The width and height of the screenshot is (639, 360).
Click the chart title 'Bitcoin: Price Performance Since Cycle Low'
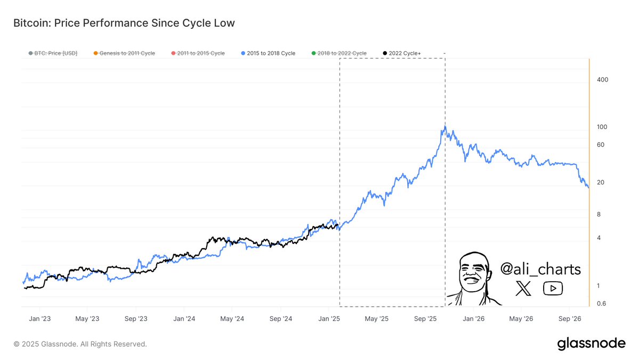point(124,23)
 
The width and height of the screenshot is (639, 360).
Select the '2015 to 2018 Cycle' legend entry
point(271,53)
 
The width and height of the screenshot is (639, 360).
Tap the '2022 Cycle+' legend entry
point(402,53)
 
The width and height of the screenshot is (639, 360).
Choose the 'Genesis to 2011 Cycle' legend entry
point(124,53)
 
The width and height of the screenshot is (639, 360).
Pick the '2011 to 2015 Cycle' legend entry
point(198,53)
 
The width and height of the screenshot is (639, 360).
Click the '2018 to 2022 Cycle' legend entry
point(342,53)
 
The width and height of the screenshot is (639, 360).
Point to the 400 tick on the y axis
point(603,79)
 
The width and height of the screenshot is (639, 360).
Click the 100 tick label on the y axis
point(602,127)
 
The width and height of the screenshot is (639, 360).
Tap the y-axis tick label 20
point(601,182)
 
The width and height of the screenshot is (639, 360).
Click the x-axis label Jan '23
point(40,319)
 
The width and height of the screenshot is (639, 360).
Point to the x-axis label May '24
point(232,319)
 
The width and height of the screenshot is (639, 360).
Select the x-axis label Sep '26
point(569,319)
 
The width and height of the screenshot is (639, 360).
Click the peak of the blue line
point(444,127)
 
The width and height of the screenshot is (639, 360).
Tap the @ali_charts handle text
point(540,269)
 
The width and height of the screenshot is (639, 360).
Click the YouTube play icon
point(553,289)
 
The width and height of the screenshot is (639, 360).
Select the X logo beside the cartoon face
point(524,289)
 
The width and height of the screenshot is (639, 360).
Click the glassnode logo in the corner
point(591,344)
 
